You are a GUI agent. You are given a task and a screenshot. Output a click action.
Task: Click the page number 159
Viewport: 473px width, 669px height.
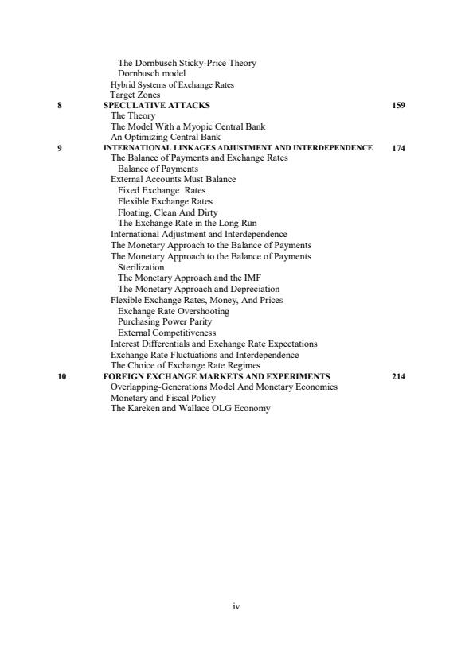tap(399, 105)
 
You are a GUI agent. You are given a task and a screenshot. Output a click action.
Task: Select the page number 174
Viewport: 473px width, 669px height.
tap(399, 148)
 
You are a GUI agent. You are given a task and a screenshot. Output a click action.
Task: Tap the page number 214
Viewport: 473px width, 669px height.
tap(399, 376)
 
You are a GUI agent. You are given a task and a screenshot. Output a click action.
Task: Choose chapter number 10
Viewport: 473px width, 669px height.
tap(61, 376)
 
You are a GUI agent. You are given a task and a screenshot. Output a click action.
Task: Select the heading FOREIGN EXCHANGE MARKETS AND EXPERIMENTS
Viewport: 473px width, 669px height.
tap(217, 376)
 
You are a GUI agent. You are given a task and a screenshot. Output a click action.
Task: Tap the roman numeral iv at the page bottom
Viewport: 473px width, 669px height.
tap(236, 606)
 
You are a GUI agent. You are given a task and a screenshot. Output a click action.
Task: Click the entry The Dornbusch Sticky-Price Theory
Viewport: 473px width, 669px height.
tap(186, 63)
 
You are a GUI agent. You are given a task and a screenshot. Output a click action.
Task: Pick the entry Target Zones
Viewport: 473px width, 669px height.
tap(135, 95)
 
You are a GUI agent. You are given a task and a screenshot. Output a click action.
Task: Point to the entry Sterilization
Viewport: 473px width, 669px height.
tap(140, 268)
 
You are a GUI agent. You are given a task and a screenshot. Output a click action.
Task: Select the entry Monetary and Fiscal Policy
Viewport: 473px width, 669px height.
tap(162, 398)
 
